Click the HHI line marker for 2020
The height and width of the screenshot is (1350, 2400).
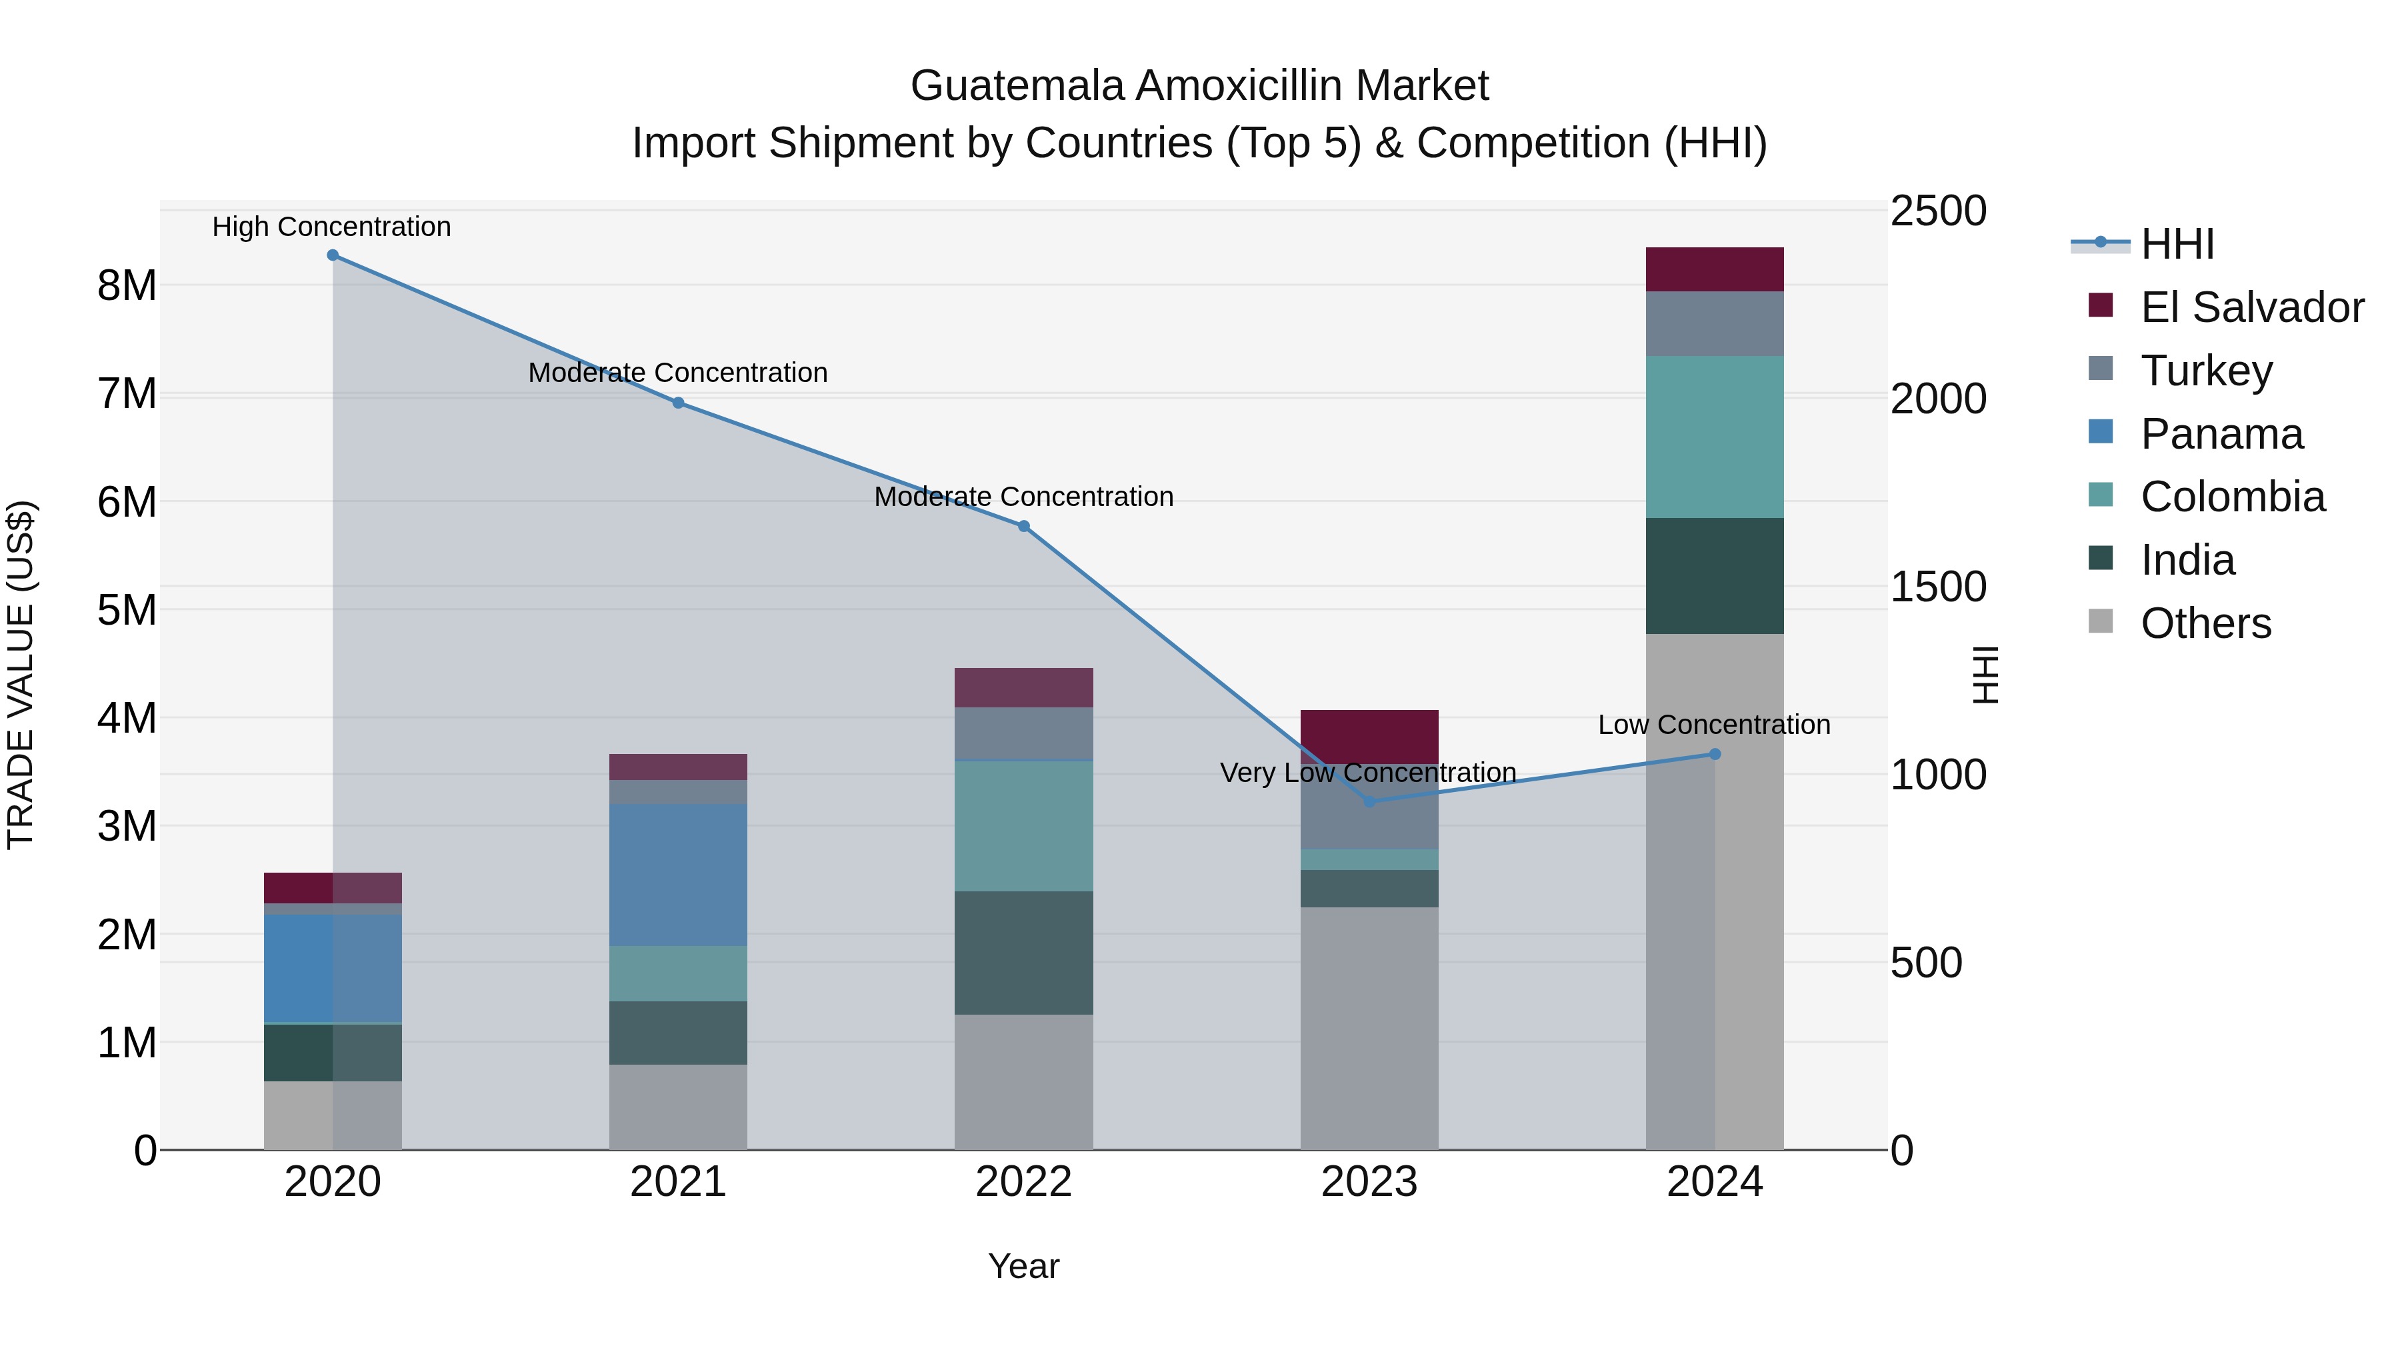pos(333,255)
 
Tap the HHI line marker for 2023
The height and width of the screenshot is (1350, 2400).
pos(1369,802)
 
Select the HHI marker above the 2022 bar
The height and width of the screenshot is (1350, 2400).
pos(1023,527)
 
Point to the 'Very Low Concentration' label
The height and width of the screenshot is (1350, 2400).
pos(1368,773)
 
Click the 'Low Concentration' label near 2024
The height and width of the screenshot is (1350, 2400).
pos(1713,724)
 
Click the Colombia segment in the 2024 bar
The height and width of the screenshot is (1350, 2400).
pos(1713,436)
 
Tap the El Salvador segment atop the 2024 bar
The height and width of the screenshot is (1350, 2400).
pos(1713,269)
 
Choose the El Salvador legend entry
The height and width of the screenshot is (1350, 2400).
pos(2250,307)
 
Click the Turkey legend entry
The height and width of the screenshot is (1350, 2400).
pos(2205,371)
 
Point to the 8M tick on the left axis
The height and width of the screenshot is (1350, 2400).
pos(127,285)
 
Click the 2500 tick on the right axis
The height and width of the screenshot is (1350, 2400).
pos(1938,211)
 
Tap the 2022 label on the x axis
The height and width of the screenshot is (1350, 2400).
pos(1023,1181)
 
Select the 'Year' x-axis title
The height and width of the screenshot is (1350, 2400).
pos(1023,1266)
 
